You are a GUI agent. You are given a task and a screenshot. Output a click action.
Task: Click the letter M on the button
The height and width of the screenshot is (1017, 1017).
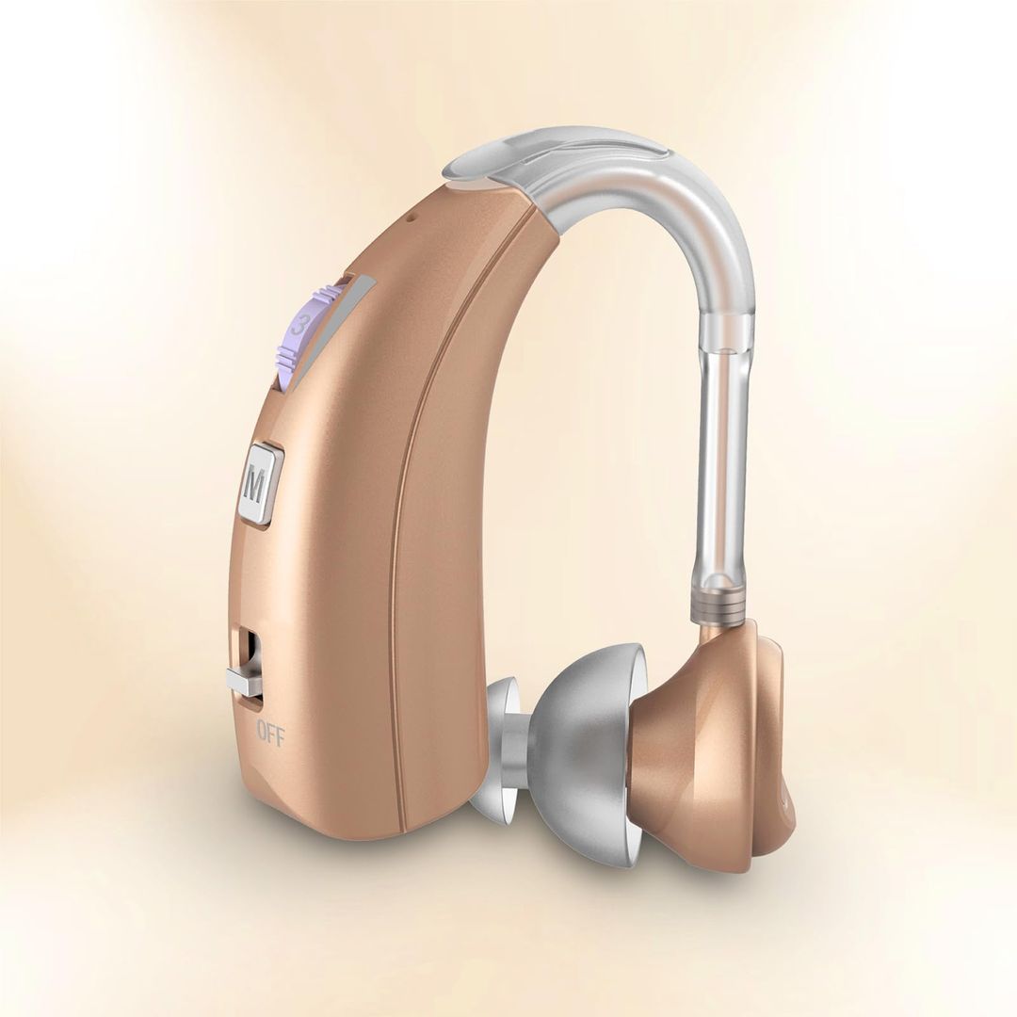(254, 486)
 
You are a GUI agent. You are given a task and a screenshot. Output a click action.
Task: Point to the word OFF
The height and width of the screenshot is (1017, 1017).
(269, 732)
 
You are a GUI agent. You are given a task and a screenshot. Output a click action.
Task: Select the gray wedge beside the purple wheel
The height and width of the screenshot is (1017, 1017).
(330, 330)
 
